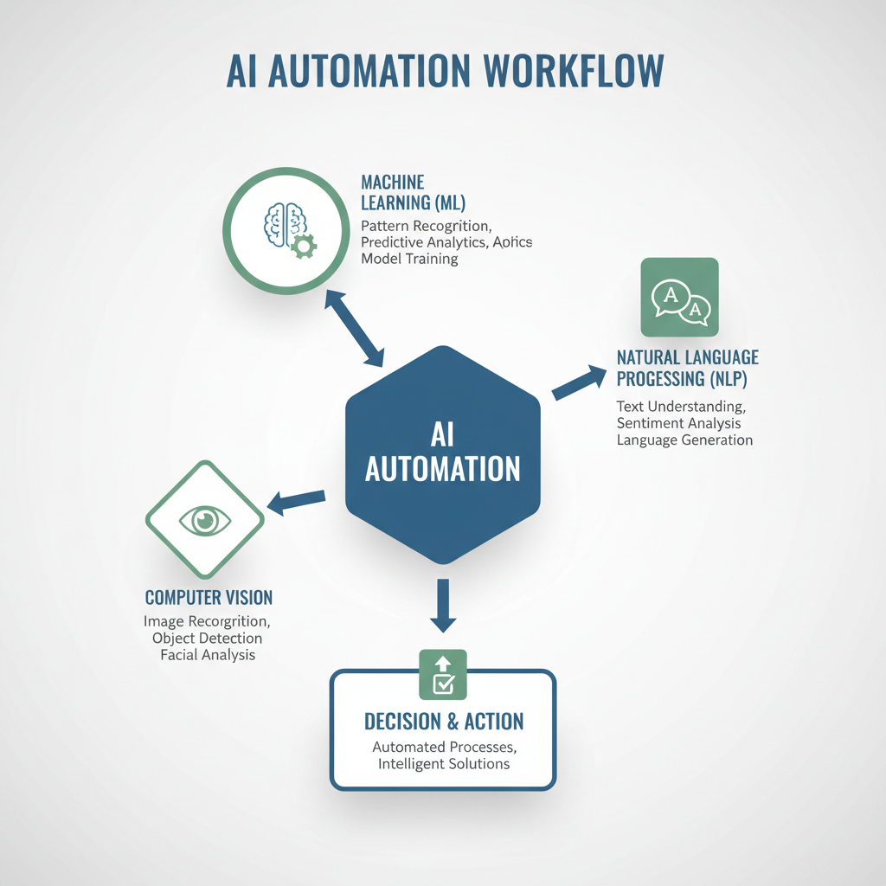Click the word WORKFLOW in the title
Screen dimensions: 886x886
(x=574, y=71)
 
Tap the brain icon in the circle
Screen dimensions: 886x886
(x=286, y=224)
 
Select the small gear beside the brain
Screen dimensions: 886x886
(x=304, y=246)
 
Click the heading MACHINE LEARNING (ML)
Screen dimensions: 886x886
(x=413, y=193)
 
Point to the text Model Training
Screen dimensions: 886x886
(x=409, y=259)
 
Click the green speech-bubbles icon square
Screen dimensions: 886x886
(x=680, y=298)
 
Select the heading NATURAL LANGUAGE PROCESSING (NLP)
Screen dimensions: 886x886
(x=688, y=368)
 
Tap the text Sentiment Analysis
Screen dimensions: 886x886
(x=678, y=423)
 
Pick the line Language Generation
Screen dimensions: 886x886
(x=684, y=440)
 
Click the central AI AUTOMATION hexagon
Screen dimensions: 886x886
(x=443, y=455)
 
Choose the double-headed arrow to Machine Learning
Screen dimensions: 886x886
(x=354, y=328)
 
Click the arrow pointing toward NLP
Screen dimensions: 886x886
(x=579, y=382)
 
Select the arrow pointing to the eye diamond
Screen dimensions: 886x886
(x=296, y=502)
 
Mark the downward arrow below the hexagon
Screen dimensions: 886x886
(x=443, y=606)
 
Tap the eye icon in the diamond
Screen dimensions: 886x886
(x=205, y=520)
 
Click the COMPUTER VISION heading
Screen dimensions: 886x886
(x=209, y=598)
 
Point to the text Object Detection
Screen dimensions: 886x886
(x=208, y=639)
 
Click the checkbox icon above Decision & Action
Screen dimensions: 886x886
(x=443, y=675)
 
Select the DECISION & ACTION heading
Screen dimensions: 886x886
(x=444, y=722)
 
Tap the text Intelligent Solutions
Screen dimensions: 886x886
(x=444, y=764)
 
